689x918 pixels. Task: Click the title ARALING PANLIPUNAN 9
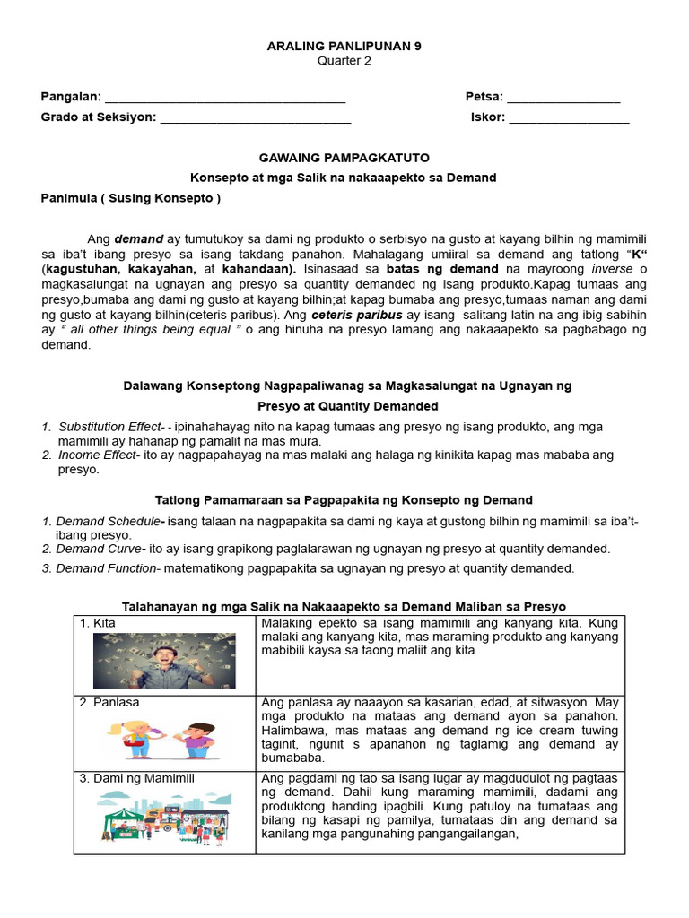click(344, 45)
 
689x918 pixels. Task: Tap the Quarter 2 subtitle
click(344, 61)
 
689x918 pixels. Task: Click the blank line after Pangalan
click(225, 98)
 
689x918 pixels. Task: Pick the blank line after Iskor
click(570, 117)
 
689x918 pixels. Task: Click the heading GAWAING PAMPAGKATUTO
click(344, 158)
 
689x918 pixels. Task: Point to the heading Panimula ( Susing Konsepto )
click(131, 197)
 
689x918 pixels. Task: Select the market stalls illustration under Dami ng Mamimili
click(164, 818)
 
